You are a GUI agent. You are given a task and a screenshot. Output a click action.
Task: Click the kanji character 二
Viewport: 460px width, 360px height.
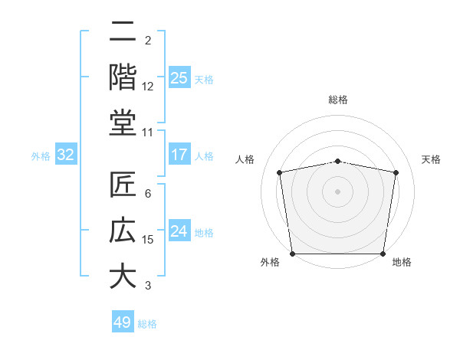(x=123, y=32)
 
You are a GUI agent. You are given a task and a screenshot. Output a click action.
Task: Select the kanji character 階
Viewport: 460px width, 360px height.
(x=123, y=76)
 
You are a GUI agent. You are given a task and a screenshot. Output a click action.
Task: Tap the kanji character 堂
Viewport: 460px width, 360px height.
(x=123, y=122)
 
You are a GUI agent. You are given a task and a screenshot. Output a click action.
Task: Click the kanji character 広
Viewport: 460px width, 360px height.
(x=123, y=231)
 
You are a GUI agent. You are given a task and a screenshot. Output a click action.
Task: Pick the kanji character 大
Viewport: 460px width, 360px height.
(x=123, y=276)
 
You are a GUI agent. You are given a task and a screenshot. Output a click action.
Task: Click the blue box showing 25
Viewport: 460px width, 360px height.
(x=179, y=77)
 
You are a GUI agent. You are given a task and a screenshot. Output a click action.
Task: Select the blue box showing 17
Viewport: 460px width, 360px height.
(x=179, y=155)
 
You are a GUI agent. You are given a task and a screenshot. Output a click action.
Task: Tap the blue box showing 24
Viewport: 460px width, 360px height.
(x=179, y=231)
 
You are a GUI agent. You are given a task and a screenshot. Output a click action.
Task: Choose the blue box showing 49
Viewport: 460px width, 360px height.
(x=123, y=322)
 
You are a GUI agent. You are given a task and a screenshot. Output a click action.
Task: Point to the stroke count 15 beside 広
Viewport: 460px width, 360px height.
(x=148, y=240)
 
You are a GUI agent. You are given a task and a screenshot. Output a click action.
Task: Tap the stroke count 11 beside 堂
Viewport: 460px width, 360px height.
(x=148, y=132)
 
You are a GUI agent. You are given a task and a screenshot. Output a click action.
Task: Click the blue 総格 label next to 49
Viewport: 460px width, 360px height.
(x=147, y=324)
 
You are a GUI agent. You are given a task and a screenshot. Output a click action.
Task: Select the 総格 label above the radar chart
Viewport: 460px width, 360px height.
(x=337, y=100)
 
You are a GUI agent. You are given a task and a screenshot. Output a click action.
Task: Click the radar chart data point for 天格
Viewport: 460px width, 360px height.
(x=396, y=172)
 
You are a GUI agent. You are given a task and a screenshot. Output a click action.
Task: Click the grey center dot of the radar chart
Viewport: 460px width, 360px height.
(x=337, y=191)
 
